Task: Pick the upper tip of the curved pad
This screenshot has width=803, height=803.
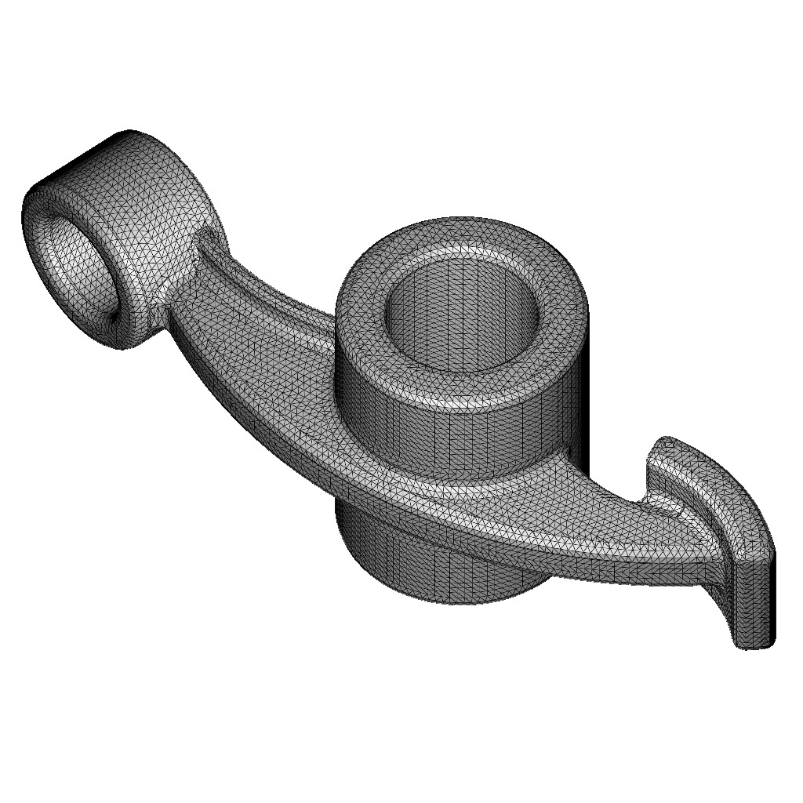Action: (x=667, y=447)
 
